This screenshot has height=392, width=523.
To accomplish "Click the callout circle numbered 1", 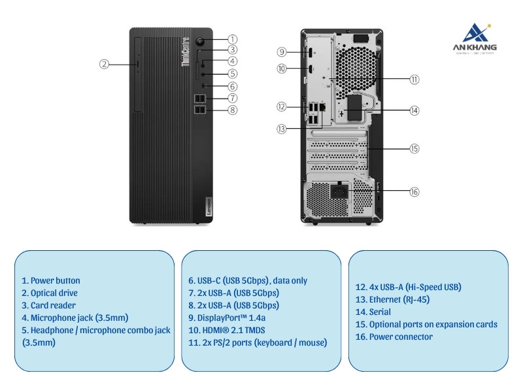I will click(x=233, y=39).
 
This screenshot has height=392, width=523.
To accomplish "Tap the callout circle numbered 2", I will click(x=104, y=64).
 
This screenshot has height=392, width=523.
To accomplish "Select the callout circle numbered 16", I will click(x=414, y=191).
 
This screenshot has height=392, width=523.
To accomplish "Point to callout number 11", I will click(x=414, y=79).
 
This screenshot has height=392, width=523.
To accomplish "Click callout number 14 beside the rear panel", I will click(x=414, y=110).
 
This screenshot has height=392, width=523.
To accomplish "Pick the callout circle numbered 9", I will click(x=281, y=52).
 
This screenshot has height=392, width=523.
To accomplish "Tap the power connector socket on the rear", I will click(x=339, y=192).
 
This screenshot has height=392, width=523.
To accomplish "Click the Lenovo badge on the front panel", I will click(x=201, y=206).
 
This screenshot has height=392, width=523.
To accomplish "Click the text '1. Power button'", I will click(x=51, y=281).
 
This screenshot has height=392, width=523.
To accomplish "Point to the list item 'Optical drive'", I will click(x=50, y=293).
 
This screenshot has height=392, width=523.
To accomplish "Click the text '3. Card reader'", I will click(x=48, y=306).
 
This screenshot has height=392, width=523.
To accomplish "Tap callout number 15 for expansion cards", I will click(x=414, y=148).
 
